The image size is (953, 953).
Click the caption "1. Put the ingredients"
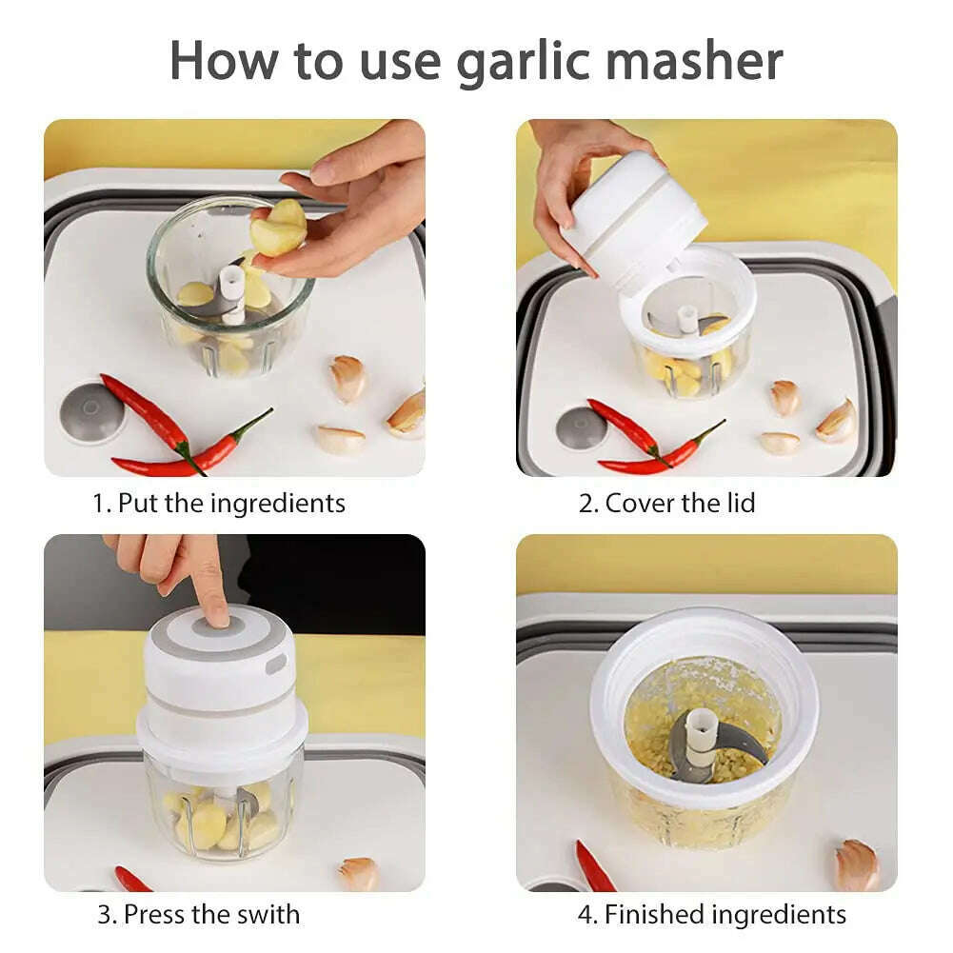pos(219,503)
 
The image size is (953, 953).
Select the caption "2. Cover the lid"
pos(666,503)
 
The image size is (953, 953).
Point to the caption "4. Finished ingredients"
pos(711,915)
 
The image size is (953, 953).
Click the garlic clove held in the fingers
pos(278,229)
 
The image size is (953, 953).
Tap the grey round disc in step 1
pos(91,412)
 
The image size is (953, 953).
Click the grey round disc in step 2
pos(582,427)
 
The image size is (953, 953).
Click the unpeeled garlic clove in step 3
pos(359,873)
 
